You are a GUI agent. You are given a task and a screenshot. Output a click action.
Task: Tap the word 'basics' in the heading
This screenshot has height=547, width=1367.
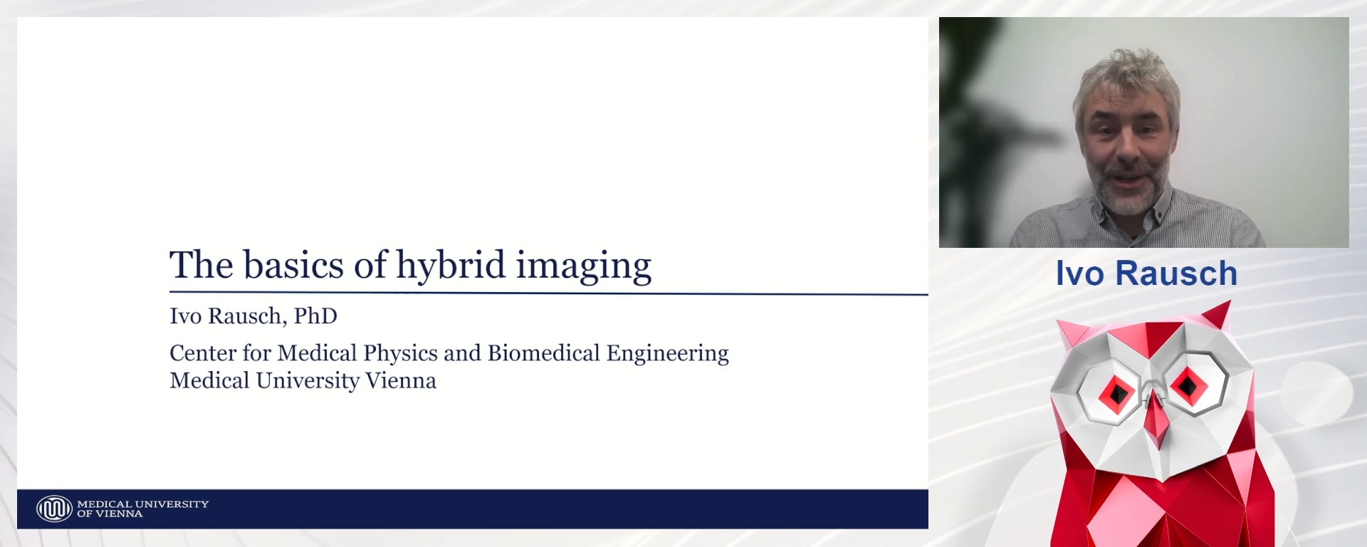(294, 265)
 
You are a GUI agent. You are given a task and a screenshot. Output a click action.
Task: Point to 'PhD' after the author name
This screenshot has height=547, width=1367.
(315, 316)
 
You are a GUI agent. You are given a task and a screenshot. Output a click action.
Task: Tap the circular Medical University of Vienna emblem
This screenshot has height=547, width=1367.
(54, 509)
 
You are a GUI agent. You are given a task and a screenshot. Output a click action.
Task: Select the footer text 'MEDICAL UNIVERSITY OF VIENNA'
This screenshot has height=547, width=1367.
(142, 509)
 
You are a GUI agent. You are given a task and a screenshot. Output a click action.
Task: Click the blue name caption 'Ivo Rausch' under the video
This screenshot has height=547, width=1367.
(1146, 273)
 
